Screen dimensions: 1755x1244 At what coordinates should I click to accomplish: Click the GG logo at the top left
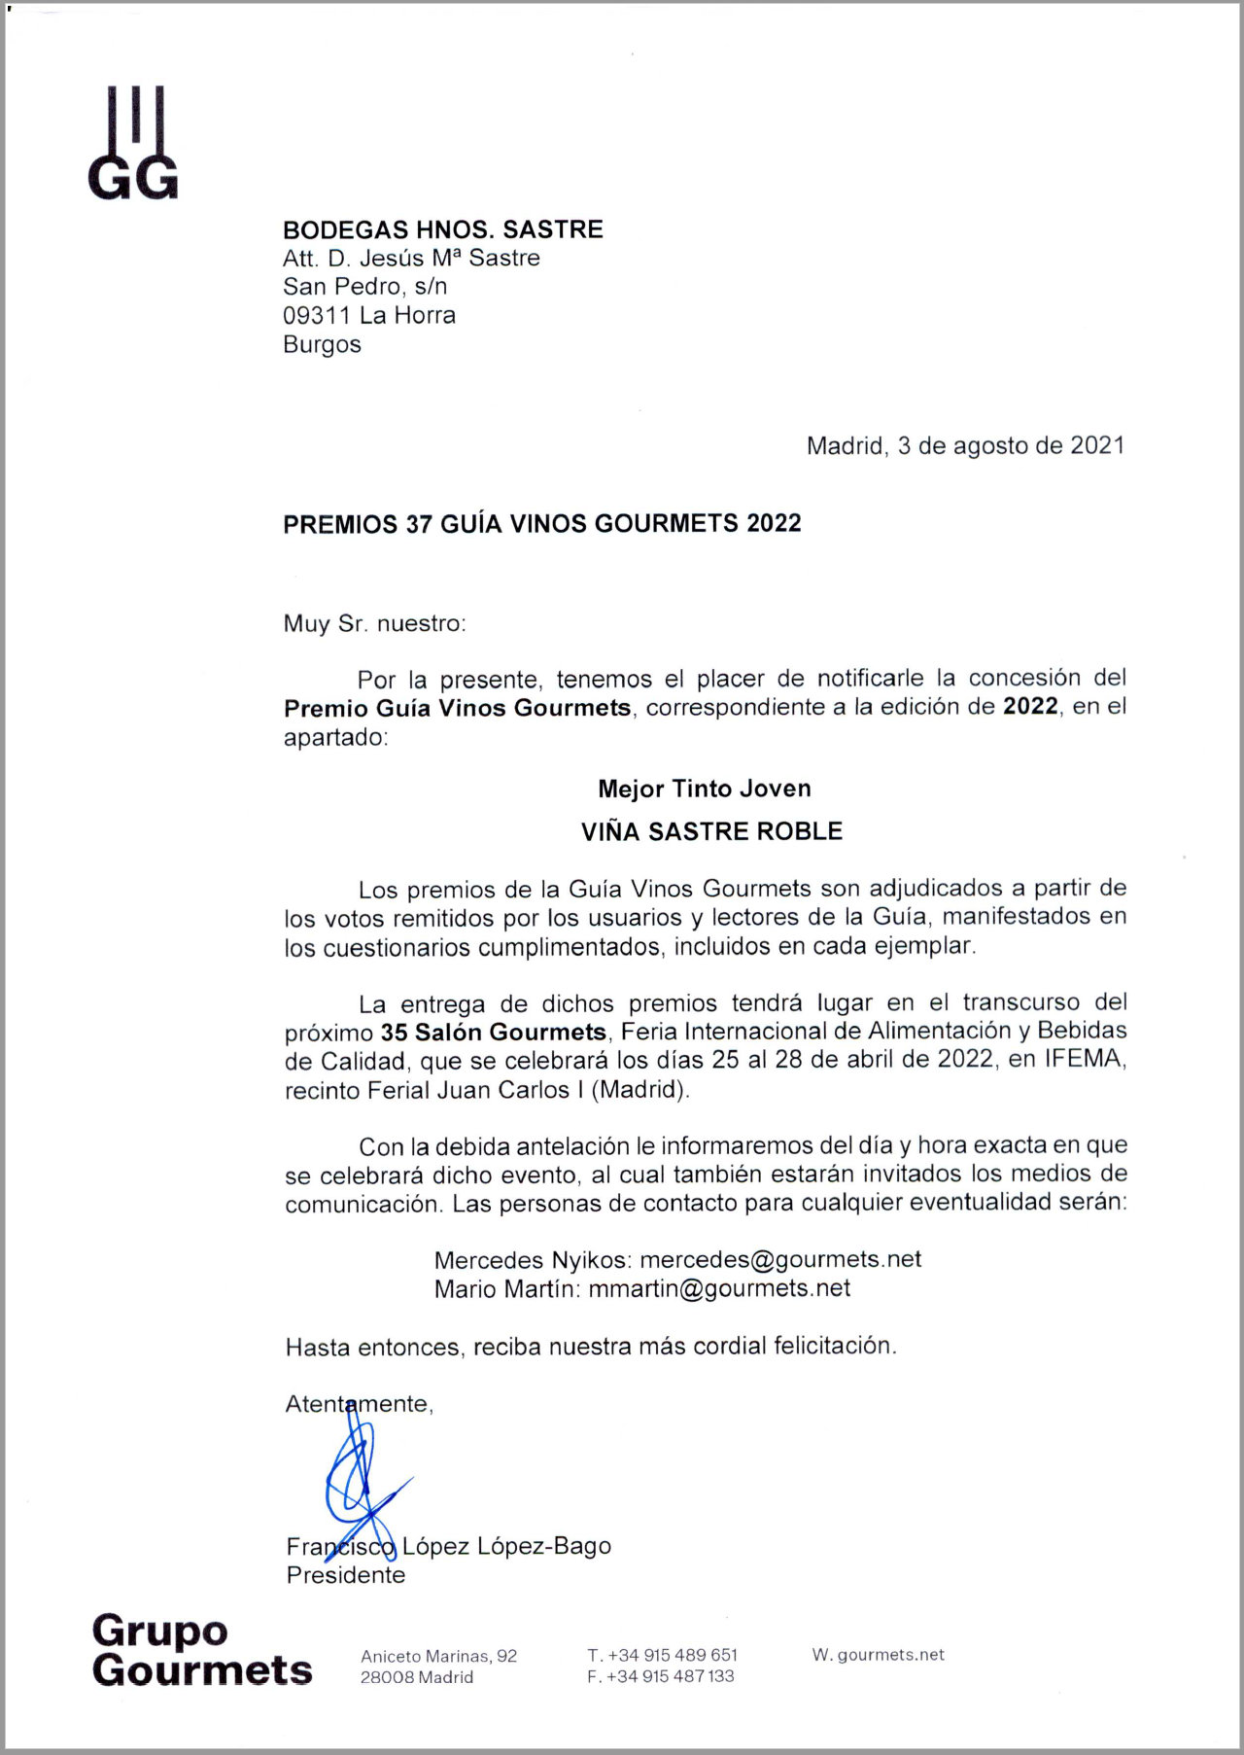133,143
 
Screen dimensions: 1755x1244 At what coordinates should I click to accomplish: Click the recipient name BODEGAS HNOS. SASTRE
442,229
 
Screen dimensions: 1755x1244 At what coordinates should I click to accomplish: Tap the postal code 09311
316,315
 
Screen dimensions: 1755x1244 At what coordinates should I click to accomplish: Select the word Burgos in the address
322,344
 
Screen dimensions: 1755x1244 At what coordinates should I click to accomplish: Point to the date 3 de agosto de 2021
1011,445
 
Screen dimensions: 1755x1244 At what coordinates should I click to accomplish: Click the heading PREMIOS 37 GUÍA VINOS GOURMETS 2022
541,523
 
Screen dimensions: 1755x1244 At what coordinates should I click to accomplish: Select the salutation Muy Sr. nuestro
374,623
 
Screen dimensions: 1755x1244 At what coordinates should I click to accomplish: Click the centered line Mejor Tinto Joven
705,789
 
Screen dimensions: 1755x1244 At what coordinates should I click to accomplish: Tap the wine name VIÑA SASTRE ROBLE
711,831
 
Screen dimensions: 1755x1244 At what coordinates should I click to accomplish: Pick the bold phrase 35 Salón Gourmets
494,1031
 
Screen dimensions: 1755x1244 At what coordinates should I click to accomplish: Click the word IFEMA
1083,1059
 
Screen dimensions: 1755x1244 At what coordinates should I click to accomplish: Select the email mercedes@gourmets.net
780,1259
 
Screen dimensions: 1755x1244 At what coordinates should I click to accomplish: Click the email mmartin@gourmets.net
719,1288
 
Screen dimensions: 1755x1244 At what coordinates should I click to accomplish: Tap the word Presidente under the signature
346,1575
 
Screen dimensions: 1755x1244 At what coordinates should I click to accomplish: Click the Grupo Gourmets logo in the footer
201,1650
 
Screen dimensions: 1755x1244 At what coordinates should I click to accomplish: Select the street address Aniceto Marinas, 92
438,1656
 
